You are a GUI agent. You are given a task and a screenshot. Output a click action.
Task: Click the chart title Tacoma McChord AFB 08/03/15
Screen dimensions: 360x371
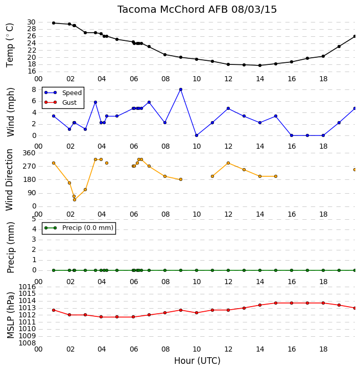pos(197,10)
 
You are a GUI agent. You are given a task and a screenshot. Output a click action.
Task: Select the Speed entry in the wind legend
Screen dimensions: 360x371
pos(63,93)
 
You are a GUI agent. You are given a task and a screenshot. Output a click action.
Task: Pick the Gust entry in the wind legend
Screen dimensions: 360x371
pos(61,102)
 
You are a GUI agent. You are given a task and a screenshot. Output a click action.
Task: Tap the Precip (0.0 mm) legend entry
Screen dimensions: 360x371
pos(79,228)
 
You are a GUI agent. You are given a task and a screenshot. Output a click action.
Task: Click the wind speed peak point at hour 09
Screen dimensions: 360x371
pos(181,89)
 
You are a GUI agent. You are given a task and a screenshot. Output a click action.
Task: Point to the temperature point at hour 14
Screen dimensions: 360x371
pos(260,65)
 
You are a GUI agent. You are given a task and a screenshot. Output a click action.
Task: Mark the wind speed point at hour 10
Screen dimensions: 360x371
pos(197,135)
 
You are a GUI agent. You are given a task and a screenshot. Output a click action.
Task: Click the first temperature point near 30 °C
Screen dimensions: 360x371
pos(54,23)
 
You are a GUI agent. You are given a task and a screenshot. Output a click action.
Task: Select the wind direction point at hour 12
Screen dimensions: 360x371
pos(228,163)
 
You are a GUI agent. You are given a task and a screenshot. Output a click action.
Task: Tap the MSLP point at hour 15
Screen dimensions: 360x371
pos(276,303)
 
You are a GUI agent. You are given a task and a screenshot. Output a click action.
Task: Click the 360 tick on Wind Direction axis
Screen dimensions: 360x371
pos(29,153)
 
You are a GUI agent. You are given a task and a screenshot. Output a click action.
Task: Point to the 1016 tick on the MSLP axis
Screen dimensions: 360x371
pos(27,287)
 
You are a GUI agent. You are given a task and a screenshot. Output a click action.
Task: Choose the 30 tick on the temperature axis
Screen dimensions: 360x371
pos(31,22)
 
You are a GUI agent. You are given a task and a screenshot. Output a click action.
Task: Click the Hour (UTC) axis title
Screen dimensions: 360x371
pos(197,361)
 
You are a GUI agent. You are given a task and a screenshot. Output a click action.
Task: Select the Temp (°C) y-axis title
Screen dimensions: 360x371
pos(10,45)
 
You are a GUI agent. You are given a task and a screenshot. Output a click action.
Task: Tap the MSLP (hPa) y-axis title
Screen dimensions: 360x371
pos(10,315)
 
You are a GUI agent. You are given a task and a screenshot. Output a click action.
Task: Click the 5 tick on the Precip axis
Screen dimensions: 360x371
pos(34,219)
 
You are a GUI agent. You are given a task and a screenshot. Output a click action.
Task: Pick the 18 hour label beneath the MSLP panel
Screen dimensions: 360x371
pos(323,349)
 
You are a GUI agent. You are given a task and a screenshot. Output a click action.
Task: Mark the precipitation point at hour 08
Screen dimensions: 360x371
pos(165,270)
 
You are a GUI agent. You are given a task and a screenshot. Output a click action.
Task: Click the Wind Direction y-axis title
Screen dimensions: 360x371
pos(9,180)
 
